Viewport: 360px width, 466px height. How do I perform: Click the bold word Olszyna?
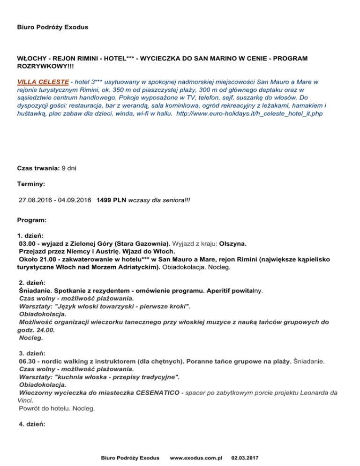(233, 244)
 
